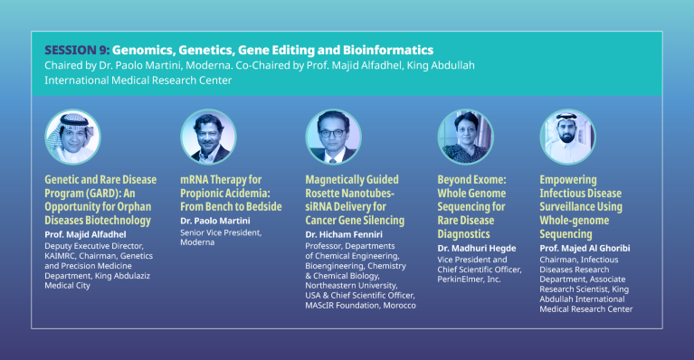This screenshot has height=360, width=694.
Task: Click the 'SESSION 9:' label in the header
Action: (x=76, y=49)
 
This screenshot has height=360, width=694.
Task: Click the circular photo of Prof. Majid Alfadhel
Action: (x=72, y=137)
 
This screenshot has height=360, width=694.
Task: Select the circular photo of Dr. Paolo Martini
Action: (x=208, y=137)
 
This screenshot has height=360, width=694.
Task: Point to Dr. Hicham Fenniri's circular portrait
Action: (x=333, y=137)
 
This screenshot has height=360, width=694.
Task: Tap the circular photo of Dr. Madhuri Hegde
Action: (x=465, y=137)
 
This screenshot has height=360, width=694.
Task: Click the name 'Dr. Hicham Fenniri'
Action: (x=344, y=233)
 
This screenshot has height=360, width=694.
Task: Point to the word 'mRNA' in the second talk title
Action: (x=196, y=180)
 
